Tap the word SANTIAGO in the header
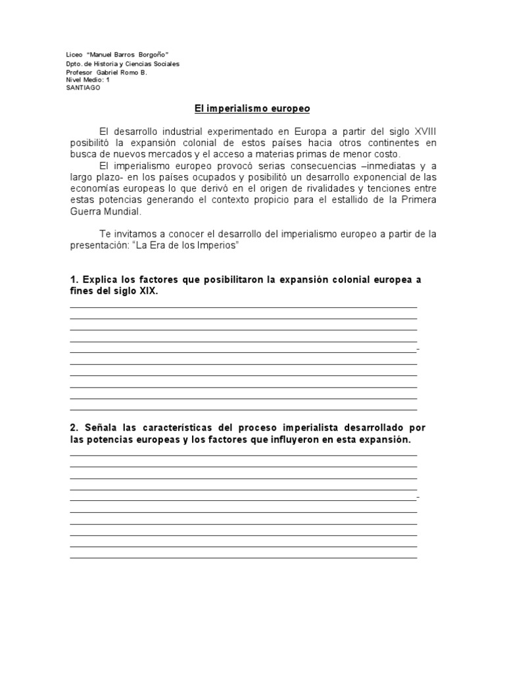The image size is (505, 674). [84, 88]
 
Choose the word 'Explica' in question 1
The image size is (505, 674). [101, 280]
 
